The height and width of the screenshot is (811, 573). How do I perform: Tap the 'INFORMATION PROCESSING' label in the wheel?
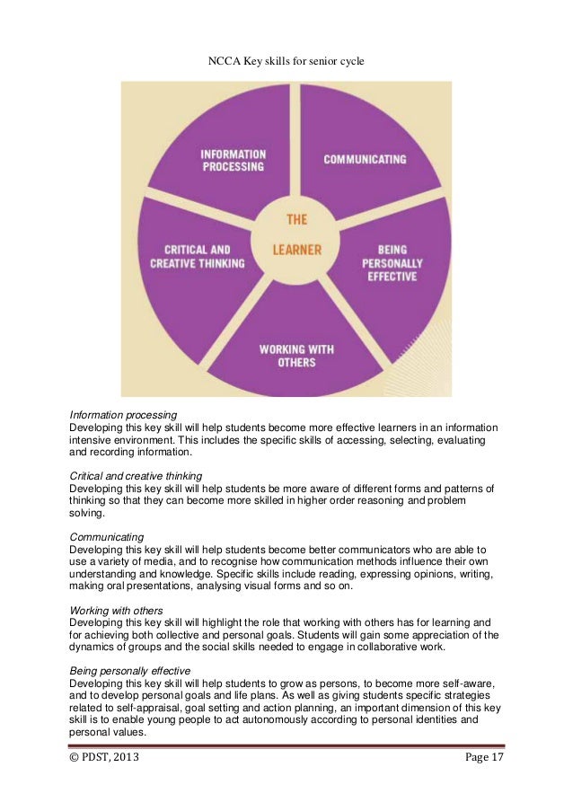(232, 160)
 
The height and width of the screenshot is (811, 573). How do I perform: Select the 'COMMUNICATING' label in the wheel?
(365, 160)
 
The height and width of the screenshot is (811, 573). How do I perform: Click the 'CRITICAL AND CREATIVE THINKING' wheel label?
(205, 256)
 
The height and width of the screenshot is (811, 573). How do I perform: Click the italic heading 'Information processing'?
(124, 415)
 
